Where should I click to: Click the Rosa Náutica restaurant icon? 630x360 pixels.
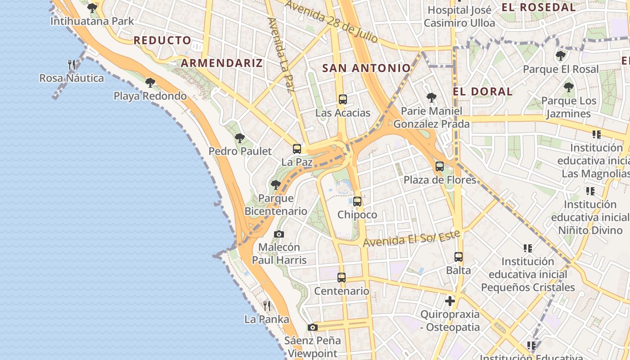point(72,65)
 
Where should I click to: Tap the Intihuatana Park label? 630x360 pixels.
point(92,21)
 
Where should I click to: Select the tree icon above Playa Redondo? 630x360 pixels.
point(150,83)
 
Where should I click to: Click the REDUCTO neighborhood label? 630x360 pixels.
point(162,40)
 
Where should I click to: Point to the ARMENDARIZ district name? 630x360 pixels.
point(221,63)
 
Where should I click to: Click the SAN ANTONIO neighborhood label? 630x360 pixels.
point(367,68)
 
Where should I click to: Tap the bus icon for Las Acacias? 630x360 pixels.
point(343,99)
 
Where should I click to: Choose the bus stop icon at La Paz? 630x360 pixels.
point(297,149)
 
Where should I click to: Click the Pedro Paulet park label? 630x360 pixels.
point(240,151)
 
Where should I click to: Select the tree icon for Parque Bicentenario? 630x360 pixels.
point(276,184)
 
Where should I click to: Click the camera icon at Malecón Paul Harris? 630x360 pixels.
point(279,234)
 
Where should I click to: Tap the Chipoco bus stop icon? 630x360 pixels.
point(357,202)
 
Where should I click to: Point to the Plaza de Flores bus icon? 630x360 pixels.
point(440,166)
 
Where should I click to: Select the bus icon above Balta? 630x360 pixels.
point(459,257)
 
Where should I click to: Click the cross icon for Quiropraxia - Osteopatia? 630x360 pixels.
point(450,301)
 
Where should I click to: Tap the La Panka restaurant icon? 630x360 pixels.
point(267,306)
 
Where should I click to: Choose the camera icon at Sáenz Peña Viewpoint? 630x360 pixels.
point(313,327)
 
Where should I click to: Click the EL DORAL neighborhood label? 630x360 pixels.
point(482,91)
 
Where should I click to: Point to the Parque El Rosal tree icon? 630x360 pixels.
point(561,56)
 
